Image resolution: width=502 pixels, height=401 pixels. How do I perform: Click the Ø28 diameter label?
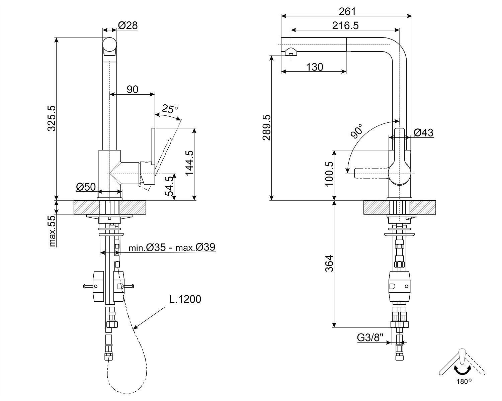coord(128,25)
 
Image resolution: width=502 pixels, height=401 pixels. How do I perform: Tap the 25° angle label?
coord(170,109)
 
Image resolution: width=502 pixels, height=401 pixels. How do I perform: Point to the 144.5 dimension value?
coord(189,163)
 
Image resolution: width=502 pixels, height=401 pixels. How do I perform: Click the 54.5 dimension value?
coord(170,186)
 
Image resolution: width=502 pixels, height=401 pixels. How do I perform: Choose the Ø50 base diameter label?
coord(86,187)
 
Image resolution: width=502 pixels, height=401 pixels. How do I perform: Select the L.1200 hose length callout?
coord(185,299)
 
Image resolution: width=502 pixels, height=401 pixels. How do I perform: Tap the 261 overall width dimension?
coord(347,11)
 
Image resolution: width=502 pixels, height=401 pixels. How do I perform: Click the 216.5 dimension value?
coord(345,25)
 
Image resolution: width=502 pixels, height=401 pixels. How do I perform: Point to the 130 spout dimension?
coord(315,67)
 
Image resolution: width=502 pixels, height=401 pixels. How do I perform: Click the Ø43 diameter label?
coord(423,133)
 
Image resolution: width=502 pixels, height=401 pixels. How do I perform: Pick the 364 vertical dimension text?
coord(329,263)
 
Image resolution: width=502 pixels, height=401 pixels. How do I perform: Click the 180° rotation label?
coord(464,381)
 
